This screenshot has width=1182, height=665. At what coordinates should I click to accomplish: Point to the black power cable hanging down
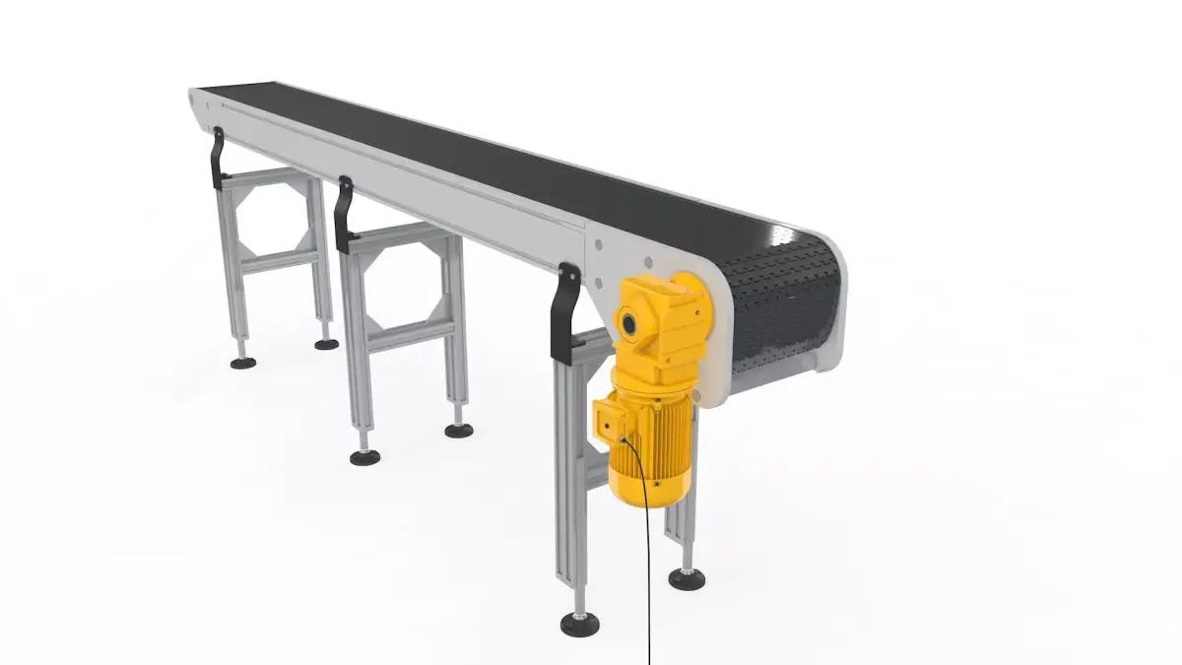pos(649,571)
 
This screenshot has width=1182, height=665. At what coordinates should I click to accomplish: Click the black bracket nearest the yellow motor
pos(566,311)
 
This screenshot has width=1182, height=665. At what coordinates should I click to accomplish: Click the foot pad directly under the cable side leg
pos(687,578)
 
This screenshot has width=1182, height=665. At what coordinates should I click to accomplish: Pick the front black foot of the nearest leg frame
pos(579,624)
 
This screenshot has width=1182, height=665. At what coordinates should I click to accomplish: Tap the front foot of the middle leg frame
pos(365,457)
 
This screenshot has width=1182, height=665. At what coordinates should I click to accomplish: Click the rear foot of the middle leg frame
pos(458,431)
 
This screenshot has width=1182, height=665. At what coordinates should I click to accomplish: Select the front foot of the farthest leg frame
pos(243,363)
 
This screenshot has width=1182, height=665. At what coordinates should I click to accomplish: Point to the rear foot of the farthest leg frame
pos(326,344)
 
